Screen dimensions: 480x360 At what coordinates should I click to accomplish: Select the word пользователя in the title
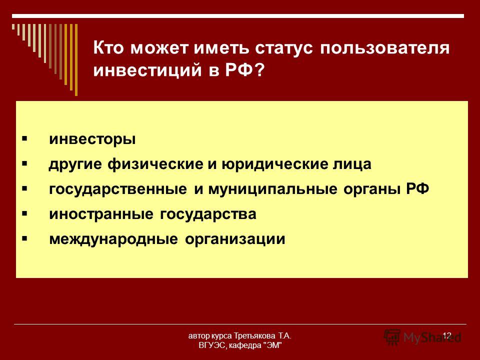pyautogui.click(x=385, y=48)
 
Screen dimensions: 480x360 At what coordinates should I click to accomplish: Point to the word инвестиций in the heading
pyautogui.click(x=147, y=70)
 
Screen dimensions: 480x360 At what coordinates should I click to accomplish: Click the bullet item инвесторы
pyautogui.click(x=92, y=139)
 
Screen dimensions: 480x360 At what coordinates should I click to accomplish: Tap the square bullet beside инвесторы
pyautogui.click(x=24, y=139)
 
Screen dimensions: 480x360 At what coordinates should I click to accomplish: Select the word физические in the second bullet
pyautogui.click(x=155, y=164)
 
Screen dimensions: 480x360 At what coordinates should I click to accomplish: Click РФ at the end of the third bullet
pyautogui.click(x=417, y=188)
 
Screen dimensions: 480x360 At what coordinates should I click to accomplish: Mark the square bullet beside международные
pyautogui.click(x=24, y=238)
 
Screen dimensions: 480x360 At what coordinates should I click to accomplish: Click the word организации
pyautogui.click(x=235, y=239)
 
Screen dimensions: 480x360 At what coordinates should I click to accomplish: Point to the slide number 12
pyautogui.click(x=447, y=335)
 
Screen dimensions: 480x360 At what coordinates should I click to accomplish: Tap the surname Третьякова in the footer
pyautogui.click(x=254, y=336)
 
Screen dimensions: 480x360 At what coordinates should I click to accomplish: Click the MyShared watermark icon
pyautogui.click(x=392, y=337)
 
